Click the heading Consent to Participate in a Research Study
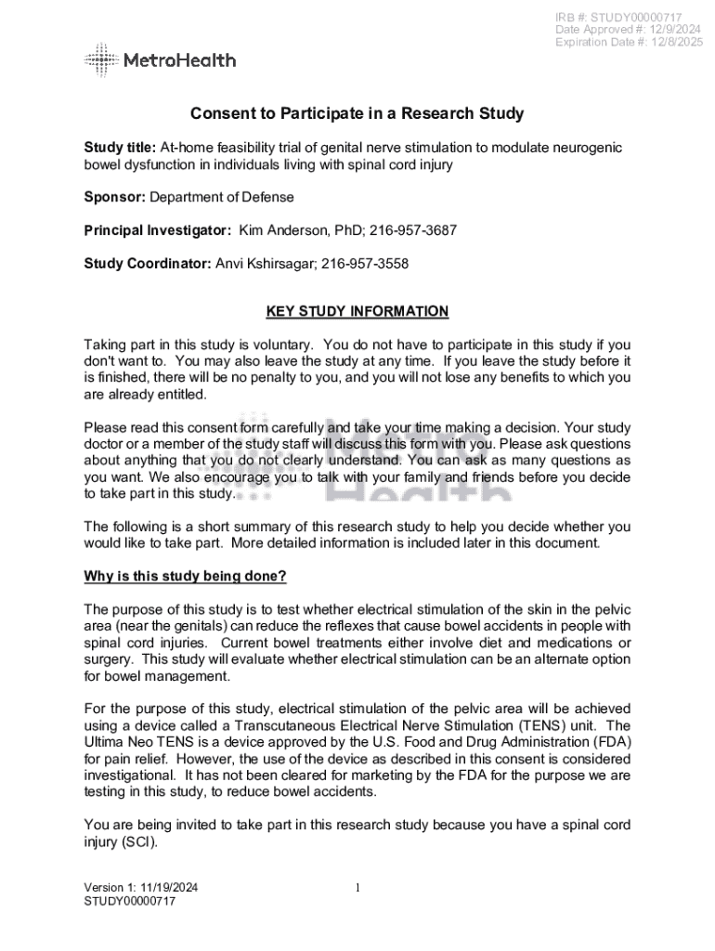tap(357, 114)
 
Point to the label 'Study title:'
tap(120, 148)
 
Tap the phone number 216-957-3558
tap(364, 264)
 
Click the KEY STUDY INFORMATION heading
tap(357, 312)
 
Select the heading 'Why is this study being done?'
tap(185, 577)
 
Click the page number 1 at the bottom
tap(357, 888)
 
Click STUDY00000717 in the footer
tap(129, 901)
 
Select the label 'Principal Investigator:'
tap(157, 230)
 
